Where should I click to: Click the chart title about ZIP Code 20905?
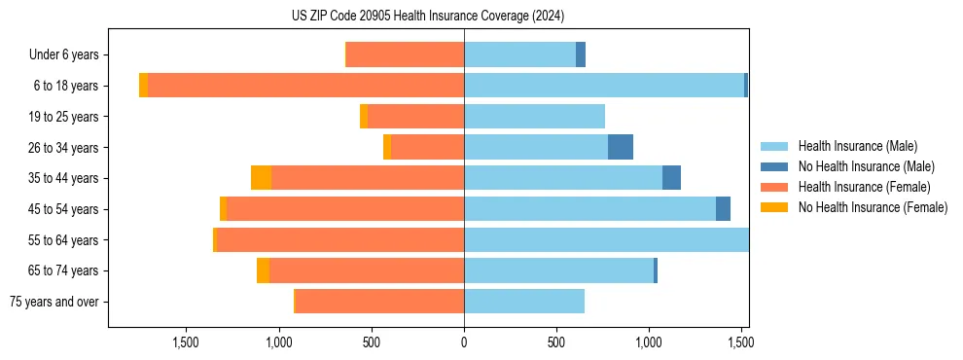428,17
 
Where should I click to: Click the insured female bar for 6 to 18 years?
305,86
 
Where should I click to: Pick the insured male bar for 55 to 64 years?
606,240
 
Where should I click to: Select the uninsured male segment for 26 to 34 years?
621,147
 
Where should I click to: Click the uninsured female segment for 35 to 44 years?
261,178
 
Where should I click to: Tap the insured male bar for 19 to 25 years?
534,117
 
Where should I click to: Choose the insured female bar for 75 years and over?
379,302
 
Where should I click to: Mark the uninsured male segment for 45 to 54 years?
723,209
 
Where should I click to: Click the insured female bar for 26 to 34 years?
427,147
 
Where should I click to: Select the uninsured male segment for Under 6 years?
581,55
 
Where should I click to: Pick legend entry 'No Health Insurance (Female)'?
873,207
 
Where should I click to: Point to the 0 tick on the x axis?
464,342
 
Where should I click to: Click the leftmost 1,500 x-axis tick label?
186,342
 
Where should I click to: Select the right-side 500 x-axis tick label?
555,342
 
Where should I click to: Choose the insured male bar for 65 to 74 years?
558,270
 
